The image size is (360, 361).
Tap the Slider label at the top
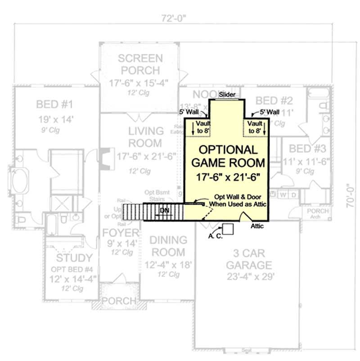(227, 95)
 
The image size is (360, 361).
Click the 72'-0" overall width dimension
(175, 18)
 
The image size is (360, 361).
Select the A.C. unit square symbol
(228, 229)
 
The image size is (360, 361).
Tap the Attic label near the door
(257, 226)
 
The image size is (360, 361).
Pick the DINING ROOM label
(167, 246)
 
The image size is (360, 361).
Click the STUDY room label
(74, 258)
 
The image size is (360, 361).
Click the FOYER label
(120, 233)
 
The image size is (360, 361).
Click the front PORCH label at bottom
(118, 300)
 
